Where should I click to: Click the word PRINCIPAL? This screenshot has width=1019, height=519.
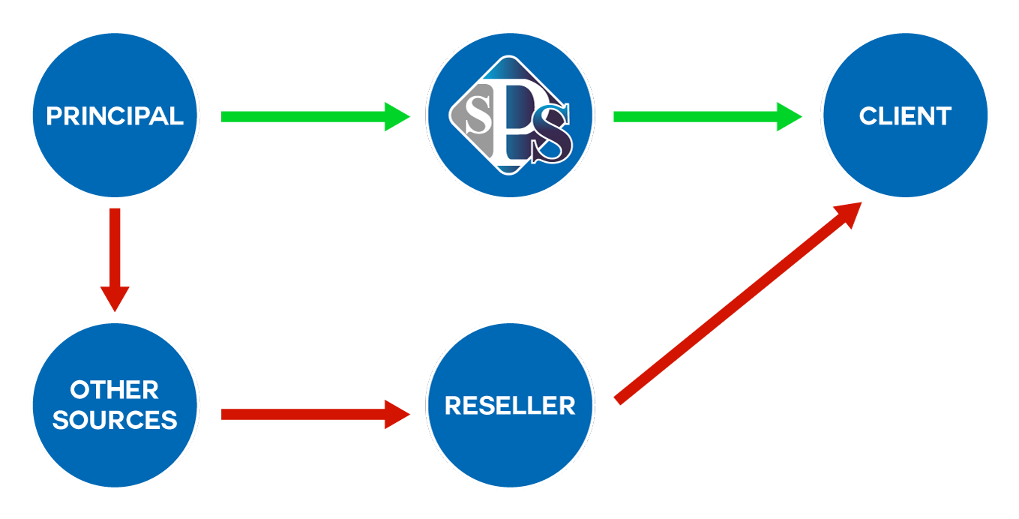tap(115, 116)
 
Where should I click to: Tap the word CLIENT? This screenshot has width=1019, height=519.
tap(905, 116)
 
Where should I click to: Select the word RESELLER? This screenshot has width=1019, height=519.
tap(510, 406)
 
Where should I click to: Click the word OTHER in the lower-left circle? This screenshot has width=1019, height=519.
tap(115, 390)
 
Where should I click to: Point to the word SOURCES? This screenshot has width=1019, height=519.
tap(115, 420)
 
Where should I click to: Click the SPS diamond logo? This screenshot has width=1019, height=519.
tap(510, 116)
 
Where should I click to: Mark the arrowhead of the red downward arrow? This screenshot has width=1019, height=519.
tap(115, 298)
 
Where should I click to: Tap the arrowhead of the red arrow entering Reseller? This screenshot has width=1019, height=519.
tap(397, 414)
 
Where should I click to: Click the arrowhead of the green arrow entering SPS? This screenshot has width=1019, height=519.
tap(397, 116)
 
